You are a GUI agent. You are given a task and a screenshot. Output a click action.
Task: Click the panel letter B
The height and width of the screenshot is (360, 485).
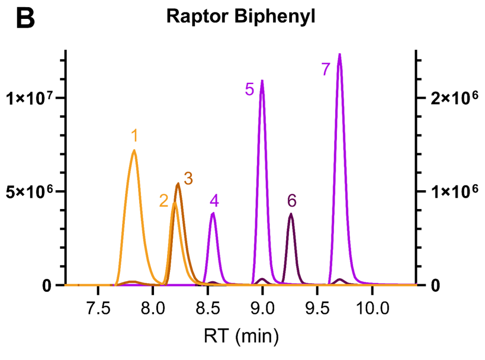[25, 18]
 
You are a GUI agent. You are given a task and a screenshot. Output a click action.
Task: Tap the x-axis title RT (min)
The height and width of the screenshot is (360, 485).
[241, 335]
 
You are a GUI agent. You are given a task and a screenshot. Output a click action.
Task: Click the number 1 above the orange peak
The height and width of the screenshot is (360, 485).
[134, 135]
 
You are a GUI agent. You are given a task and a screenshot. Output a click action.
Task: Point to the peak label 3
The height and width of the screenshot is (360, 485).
[188, 178]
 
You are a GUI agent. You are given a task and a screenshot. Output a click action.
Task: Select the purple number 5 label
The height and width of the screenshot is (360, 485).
[250, 89]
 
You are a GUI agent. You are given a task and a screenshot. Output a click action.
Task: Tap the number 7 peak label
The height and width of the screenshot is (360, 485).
[326, 69]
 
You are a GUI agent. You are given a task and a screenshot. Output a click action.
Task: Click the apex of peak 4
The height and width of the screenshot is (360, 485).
[213, 213]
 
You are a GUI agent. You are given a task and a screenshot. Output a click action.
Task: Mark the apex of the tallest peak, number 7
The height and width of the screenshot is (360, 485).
[340, 54]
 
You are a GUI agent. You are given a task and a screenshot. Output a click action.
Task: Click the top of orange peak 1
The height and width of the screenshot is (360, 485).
[134, 151]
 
